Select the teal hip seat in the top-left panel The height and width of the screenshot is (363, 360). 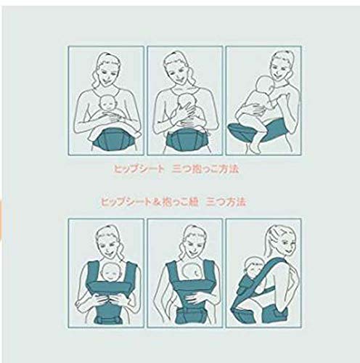112,140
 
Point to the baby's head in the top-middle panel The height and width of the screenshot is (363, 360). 185,100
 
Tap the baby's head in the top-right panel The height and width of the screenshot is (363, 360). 266,86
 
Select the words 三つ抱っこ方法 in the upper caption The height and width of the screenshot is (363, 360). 205,169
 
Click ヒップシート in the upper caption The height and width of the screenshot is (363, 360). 139,169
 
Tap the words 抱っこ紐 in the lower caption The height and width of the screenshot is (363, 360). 180,202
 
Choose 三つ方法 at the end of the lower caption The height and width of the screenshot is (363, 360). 226,202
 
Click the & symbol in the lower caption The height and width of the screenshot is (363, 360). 157,202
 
